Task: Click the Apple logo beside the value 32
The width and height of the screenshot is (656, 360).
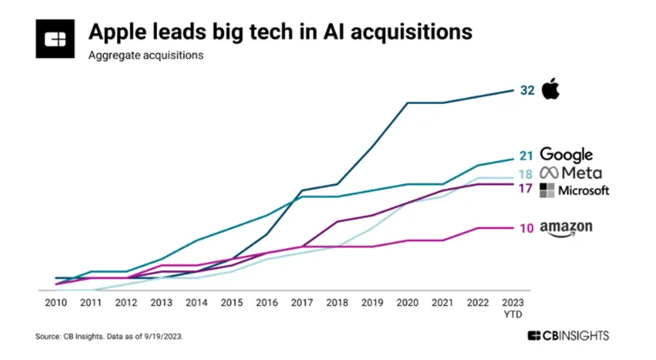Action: pos(550,88)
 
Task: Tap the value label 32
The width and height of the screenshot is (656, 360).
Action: pos(528,90)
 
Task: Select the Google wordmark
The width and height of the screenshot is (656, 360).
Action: pos(567,154)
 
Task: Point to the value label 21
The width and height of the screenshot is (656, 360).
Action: pos(526,156)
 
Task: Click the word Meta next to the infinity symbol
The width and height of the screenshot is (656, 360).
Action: pos(582,173)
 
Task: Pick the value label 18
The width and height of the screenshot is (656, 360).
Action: pos(526,174)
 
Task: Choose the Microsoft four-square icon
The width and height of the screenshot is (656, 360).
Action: pos(547,190)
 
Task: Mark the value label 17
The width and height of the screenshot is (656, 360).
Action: pos(526,188)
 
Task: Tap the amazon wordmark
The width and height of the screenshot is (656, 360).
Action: pos(566,228)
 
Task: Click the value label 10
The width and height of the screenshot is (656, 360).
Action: pos(527,228)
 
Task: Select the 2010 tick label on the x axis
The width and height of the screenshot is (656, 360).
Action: pos(56,302)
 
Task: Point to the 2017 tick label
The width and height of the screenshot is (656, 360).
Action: pos(302,302)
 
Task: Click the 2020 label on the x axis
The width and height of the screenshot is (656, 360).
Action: pos(408,302)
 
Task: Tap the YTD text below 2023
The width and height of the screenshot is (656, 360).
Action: pos(513,314)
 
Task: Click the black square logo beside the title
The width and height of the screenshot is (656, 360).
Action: pos(56,38)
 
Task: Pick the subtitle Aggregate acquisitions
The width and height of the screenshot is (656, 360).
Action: pos(146,56)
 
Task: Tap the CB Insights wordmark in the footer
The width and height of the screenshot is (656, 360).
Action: pos(568,336)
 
